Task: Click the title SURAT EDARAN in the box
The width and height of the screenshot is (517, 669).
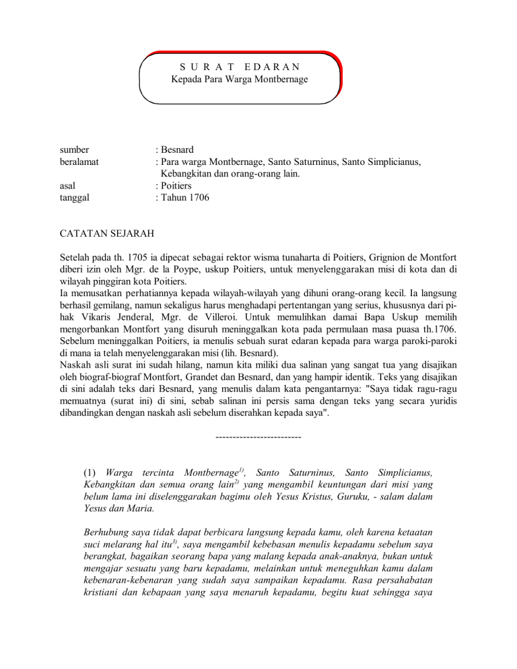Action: tap(240, 67)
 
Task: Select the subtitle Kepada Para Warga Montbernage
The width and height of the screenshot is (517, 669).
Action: tap(239, 80)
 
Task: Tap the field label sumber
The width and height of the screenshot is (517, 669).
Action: tap(75, 150)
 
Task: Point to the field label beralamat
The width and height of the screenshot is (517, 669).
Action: tap(81, 162)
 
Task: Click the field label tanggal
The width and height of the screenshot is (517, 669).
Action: tap(77, 199)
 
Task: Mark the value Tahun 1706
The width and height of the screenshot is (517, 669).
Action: tap(184, 199)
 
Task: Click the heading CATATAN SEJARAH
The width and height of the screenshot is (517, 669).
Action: tap(107, 235)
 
